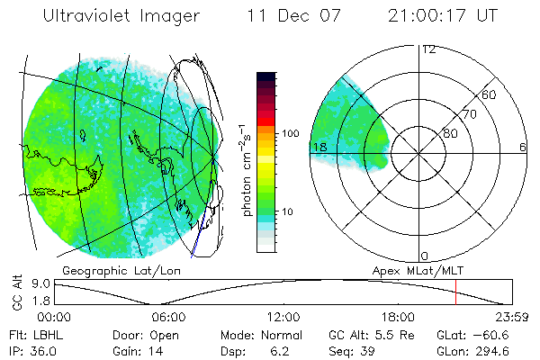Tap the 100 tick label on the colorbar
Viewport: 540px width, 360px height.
(x=290, y=133)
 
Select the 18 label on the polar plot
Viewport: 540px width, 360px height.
(x=318, y=147)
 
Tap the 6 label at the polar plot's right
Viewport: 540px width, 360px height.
(x=522, y=147)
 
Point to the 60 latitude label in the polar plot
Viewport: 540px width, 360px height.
(x=490, y=94)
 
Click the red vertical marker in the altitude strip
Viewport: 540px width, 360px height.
(x=456, y=292)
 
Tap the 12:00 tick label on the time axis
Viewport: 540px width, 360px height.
(x=283, y=317)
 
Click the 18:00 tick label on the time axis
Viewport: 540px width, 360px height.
(x=398, y=317)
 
